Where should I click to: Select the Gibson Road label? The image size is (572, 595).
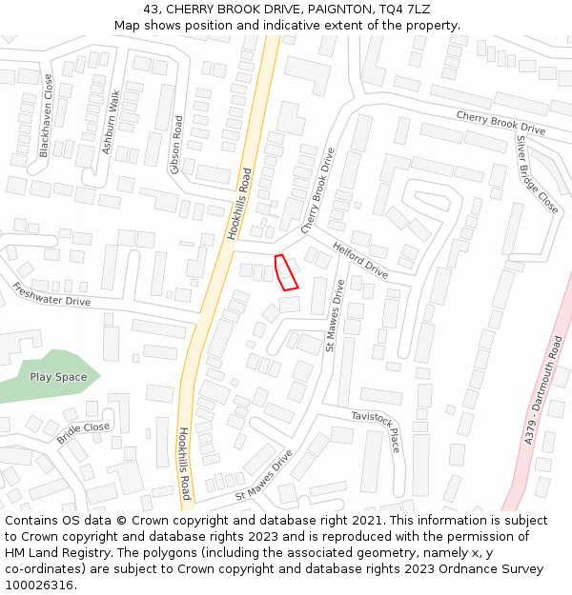176,145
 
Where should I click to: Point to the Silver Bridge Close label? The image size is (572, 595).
537,174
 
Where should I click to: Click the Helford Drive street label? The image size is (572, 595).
360,260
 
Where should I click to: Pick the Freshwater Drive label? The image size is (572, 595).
51,294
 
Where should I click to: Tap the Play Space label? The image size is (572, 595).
58,377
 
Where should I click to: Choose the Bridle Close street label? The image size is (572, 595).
84,432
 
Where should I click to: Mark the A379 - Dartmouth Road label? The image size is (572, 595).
543,389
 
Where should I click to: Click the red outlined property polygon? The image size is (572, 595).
286,271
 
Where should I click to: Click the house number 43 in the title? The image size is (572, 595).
151,9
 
